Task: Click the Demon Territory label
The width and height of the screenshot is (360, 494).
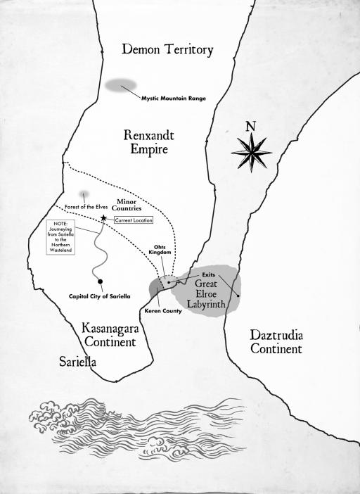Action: pos(167,50)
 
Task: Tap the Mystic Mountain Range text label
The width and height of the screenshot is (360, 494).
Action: pos(174,99)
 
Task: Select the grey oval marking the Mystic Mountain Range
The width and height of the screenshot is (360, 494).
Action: pos(120,85)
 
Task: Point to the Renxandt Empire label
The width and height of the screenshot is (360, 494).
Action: pos(148,142)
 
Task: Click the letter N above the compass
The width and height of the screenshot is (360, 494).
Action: pos(250,127)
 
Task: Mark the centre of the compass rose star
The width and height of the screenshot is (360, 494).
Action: pos(252,153)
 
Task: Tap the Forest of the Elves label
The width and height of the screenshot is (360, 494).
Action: pos(86,207)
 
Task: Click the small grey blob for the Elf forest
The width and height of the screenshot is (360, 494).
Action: pos(84,194)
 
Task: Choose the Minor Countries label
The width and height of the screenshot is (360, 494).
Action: pos(127,205)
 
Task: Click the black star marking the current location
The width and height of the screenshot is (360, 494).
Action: pos(103,217)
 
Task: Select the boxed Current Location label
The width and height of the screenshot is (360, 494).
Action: pos(134,220)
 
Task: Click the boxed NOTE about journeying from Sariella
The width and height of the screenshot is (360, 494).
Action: pos(60,237)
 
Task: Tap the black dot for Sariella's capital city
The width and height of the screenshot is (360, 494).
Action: pos(100,281)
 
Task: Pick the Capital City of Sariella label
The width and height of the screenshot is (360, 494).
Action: pos(99,296)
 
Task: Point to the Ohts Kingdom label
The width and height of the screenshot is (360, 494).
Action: pos(160,250)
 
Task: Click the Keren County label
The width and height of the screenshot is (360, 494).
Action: pos(163,311)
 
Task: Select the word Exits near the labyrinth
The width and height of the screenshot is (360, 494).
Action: pos(208,275)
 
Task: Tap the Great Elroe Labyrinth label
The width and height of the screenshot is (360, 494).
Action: pos(206,293)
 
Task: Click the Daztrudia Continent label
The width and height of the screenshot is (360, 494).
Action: pos(276,342)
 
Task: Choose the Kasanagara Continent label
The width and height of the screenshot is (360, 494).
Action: pos(110,335)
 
